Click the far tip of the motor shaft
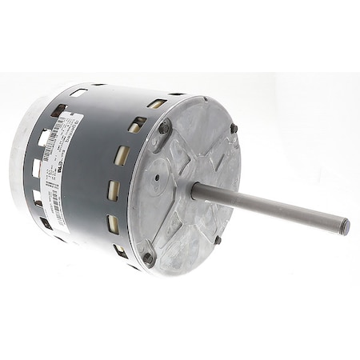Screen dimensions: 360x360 coord(345,227)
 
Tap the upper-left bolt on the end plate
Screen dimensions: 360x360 coord(164,126)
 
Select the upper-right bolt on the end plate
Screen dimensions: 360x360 coord(234,128)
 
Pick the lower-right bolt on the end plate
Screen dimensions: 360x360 coord(217,238)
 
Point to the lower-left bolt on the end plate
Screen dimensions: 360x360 coord(147,258)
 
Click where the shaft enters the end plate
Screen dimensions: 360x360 coord(195,190)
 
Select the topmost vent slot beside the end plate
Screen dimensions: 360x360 coord(157,104)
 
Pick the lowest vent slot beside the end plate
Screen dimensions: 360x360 coord(121,251)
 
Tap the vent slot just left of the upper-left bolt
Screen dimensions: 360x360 coord(137,125)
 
